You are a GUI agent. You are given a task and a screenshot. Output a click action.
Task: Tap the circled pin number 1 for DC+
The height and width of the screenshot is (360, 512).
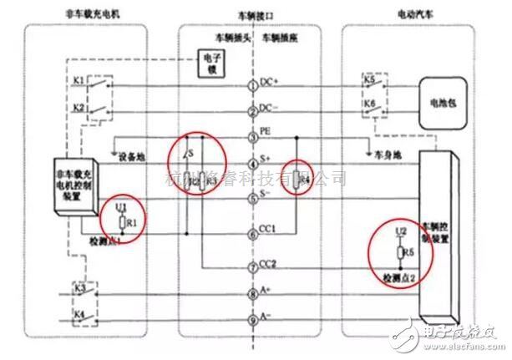[254, 86]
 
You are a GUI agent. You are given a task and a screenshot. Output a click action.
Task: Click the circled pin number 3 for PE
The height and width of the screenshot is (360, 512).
[254, 139]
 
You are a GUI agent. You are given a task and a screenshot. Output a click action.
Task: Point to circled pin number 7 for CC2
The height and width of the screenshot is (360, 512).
[254, 267]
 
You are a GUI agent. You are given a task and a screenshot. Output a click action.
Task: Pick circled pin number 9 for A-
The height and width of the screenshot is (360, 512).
[254, 320]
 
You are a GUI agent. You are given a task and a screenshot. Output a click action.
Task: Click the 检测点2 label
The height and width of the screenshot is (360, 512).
[400, 276]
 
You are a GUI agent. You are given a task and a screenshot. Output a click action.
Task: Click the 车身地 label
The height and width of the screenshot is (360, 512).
[381, 155]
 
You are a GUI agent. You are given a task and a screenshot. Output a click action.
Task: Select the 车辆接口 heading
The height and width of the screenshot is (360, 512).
[254, 16]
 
